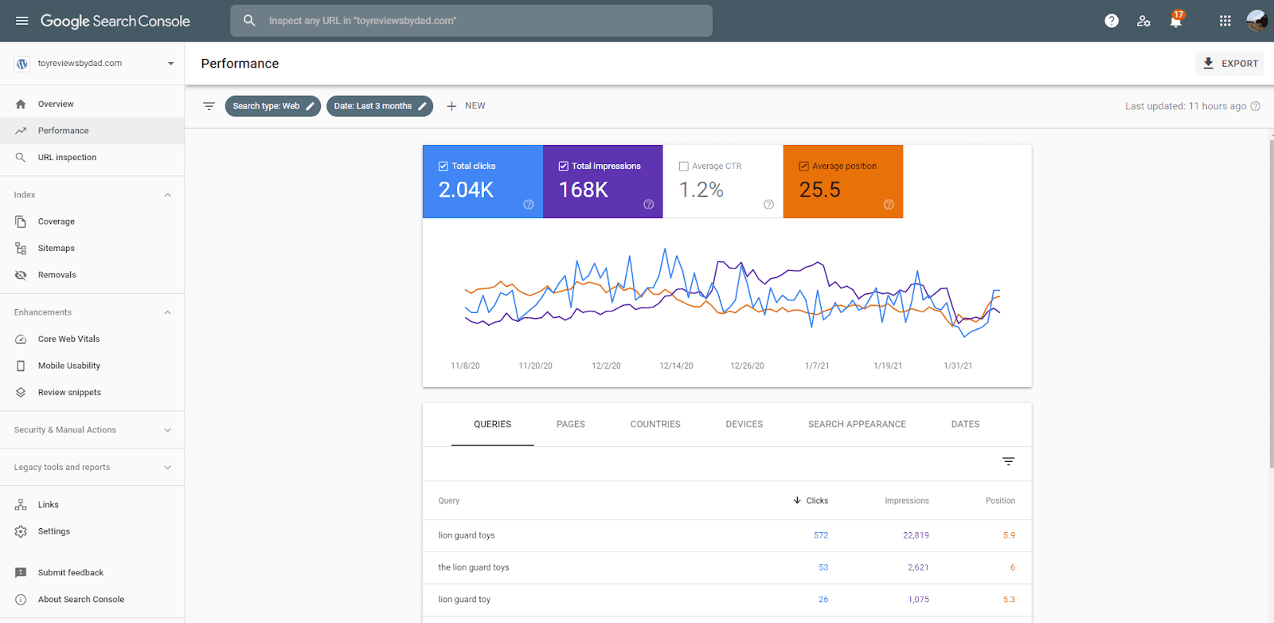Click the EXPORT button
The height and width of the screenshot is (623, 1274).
pyautogui.click(x=1230, y=64)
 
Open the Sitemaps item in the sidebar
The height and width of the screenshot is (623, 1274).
pyautogui.click(x=56, y=249)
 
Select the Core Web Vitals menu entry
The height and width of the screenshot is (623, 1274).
pyautogui.click(x=68, y=339)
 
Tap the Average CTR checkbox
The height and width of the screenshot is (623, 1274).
pyautogui.click(x=683, y=167)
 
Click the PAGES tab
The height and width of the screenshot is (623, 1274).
pyautogui.click(x=570, y=425)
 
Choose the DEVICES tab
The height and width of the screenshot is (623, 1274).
pyautogui.click(x=744, y=425)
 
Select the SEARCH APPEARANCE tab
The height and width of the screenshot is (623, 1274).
pyautogui.click(x=857, y=425)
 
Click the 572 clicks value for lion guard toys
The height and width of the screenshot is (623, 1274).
pyautogui.click(x=820, y=535)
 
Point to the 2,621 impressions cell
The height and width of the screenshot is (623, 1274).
pyautogui.click(x=917, y=567)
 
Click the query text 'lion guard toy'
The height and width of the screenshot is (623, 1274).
pyautogui.click(x=464, y=600)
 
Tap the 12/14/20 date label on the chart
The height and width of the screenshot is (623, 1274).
pyautogui.click(x=676, y=366)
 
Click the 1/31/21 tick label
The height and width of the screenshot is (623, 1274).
pyautogui.click(x=957, y=366)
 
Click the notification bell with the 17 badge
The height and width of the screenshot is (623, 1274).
pyautogui.click(x=1175, y=21)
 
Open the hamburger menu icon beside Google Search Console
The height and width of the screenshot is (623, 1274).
pyautogui.click(x=22, y=21)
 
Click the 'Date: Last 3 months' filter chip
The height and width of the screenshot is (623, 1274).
pyautogui.click(x=379, y=106)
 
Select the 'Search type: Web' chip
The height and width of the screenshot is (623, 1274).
pyautogui.click(x=272, y=106)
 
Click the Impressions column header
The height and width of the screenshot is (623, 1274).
pyautogui.click(x=906, y=501)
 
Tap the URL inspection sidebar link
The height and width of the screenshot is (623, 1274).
pyautogui.click(x=67, y=158)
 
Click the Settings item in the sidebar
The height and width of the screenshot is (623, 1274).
pyautogui.click(x=53, y=531)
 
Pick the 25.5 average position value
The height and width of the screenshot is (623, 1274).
pyautogui.click(x=819, y=190)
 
